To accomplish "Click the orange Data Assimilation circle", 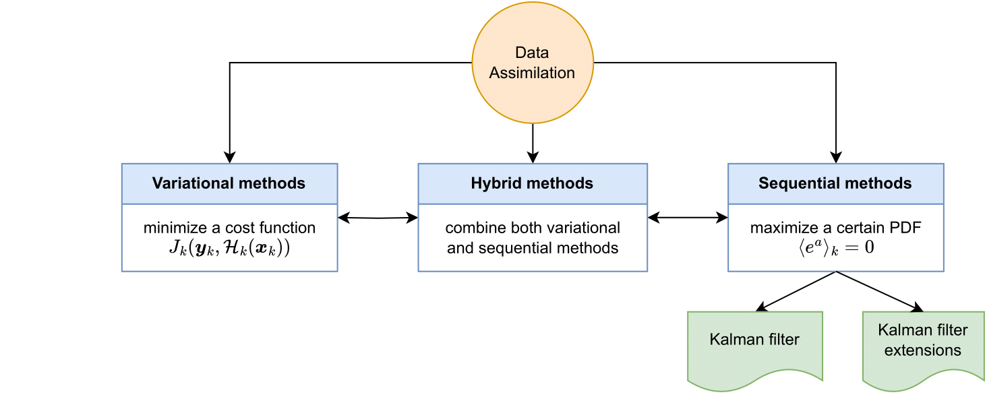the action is [533, 63].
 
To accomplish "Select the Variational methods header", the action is [230, 183].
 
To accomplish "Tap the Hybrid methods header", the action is [533, 183].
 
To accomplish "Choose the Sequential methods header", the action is [836, 183].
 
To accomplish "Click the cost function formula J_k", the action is [230, 248].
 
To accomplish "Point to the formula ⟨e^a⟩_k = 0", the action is [836, 247].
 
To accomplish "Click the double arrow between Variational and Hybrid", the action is [378, 218].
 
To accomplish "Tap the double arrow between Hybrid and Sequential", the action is [688, 217].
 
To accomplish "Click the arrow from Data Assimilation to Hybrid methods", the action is [533, 144].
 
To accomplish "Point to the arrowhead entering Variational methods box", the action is [230, 158].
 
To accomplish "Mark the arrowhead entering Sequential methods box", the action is [836, 158].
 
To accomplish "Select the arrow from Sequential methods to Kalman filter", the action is [796, 291].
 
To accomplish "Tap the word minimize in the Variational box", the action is [175, 228].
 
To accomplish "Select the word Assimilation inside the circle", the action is [533, 73].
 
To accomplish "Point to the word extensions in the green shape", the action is [923, 350].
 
